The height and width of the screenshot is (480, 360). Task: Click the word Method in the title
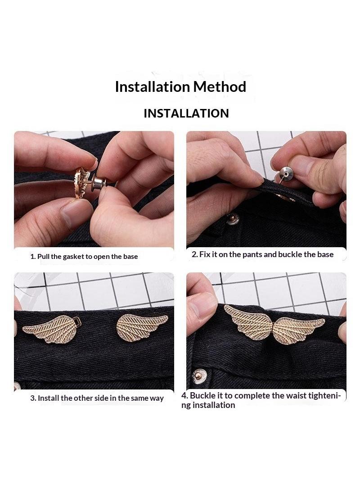point(219,86)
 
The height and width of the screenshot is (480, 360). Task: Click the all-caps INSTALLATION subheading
point(186,113)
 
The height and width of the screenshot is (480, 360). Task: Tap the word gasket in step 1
point(73,257)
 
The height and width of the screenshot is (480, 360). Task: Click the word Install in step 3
point(48,398)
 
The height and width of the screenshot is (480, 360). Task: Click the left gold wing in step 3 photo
point(49,329)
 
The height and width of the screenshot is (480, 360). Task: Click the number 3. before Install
point(33,398)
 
